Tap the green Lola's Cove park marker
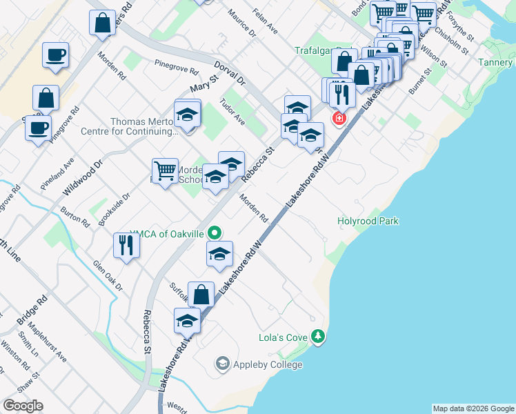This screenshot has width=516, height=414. [318, 337]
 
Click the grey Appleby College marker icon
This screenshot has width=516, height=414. [222, 363]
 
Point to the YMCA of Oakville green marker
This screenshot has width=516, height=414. [215, 233]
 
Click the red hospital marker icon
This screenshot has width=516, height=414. [339, 119]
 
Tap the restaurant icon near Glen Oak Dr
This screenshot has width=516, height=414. [126, 246]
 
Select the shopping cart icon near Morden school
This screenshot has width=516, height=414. [165, 170]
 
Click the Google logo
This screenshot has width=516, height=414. [23, 406]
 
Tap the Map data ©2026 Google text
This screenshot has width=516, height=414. [473, 408]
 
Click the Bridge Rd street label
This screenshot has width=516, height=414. [32, 310]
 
